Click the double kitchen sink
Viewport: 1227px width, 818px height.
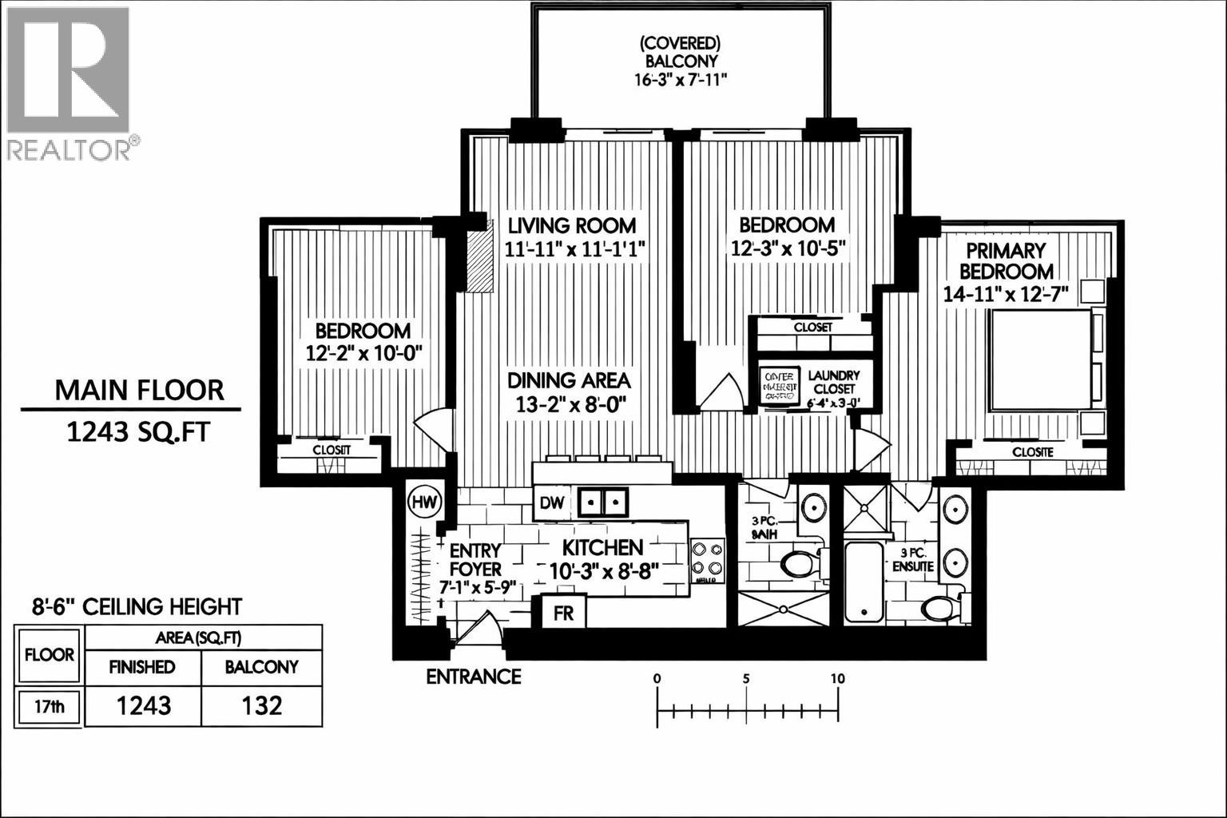(x=603, y=502)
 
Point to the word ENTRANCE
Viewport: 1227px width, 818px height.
(x=473, y=677)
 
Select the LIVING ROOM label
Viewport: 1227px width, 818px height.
(x=572, y=225)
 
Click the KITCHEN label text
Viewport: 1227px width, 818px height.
(x=602, y=547)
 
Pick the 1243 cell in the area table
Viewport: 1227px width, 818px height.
(x=143, y=705)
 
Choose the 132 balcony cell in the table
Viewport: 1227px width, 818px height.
(x=262, y=705)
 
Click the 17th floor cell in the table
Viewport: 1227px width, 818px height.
(x=50, y=707)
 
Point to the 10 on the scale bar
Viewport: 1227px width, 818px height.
(x=837, y=678)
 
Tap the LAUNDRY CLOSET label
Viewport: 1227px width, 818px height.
(x=833, y=382)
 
